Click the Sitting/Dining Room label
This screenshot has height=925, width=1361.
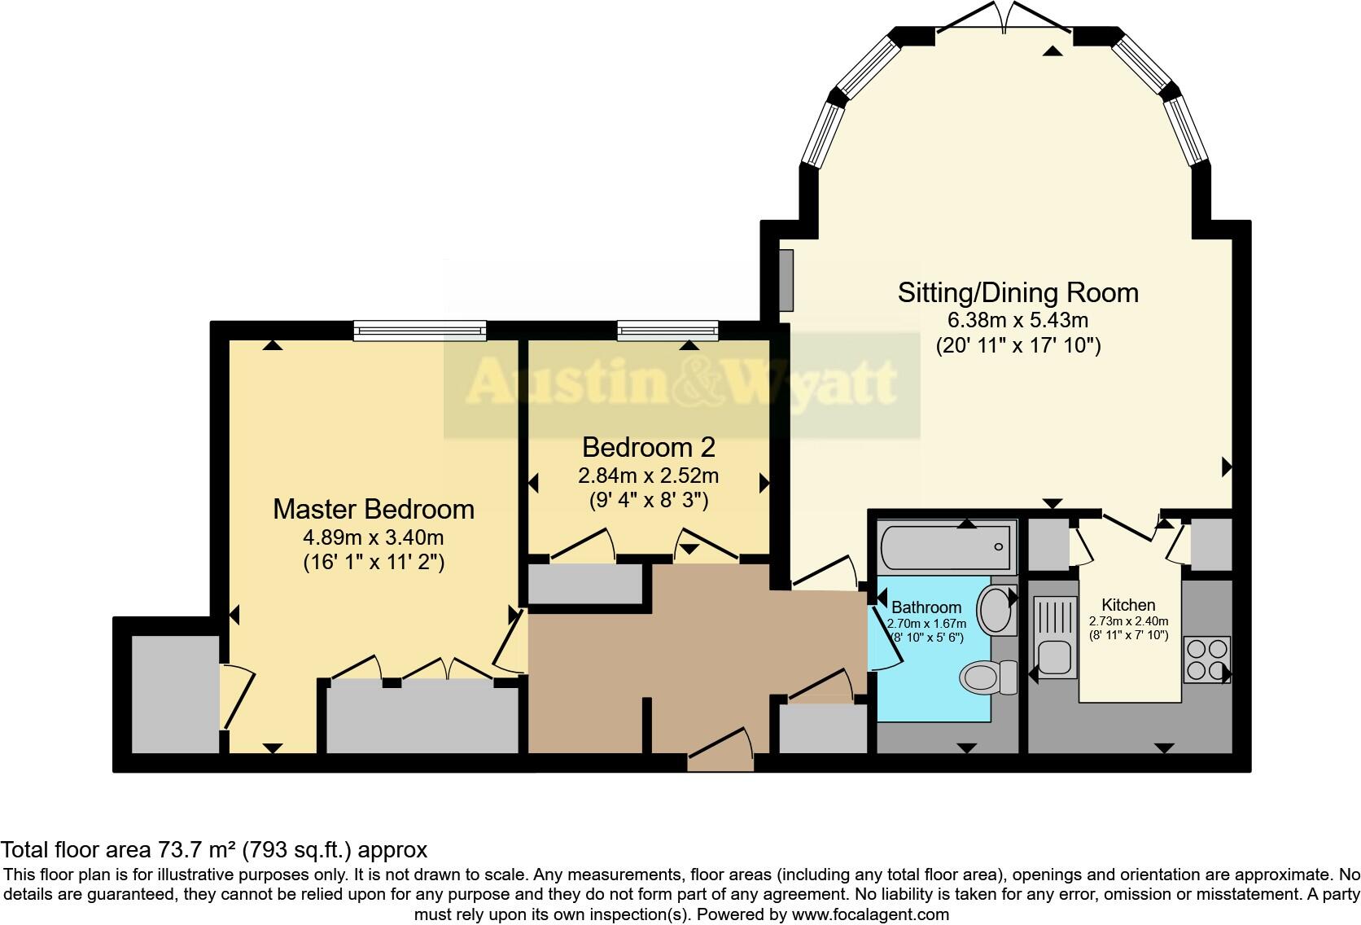(x=1017, y=292)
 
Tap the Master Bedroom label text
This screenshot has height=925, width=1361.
(x=373, y=509)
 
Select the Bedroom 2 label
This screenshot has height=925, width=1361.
(x=648, y=447)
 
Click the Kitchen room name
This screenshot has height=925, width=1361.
(x=1128, y=605)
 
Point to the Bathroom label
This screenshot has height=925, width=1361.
(x=926, y=607)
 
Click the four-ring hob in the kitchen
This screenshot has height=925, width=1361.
(x=1206, y=660)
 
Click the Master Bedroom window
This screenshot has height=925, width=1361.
(x=420, y=330)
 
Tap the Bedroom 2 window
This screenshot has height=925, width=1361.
(x=668, y=330)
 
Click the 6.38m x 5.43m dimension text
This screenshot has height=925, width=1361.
(x=1017, y=320)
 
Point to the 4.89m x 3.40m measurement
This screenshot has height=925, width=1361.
(x=373, y=537)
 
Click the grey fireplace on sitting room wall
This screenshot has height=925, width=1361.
(x=786, y=281)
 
